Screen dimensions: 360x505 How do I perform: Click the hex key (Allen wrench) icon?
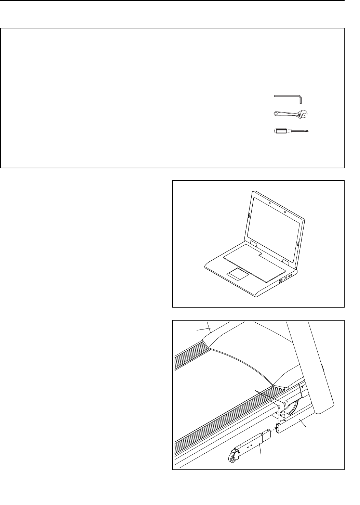click(x=287, y=97)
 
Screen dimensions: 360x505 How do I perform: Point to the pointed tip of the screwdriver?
click(x=312, y=131)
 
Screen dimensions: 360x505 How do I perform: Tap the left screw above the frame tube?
click(x=279, y=406)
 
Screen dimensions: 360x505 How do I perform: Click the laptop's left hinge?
click(x=252, y=243)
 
